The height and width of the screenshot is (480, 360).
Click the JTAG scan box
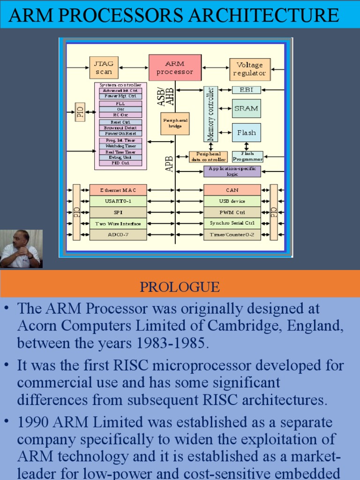pos(104,67)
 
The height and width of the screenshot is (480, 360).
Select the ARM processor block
pos(175,67)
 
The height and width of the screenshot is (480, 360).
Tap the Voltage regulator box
pos(249,69)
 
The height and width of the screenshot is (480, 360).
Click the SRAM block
pos(246,108)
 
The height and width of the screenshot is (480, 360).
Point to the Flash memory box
pos(246,133)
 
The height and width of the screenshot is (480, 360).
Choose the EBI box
pos(246,90)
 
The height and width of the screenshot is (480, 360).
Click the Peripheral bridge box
pos(175,123)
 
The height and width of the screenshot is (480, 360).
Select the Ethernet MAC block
pos(118,190)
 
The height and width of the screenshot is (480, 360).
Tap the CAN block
pos(232,190)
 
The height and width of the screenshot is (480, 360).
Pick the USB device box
pos(232,201)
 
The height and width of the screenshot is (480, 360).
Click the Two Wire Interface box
pos(118,224)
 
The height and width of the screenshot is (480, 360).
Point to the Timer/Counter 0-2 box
pos(232,234)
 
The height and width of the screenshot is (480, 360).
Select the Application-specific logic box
pos(232,171)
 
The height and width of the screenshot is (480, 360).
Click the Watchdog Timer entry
pos(120,146)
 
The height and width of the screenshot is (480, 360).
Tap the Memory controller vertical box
pos(210,114)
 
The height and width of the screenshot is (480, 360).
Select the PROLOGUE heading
pos(180,286)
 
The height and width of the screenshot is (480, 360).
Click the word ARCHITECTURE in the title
pos(263,15)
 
